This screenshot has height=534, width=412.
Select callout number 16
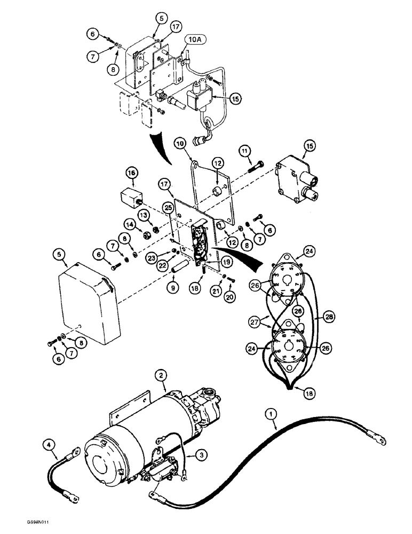(x=132, y=172)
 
